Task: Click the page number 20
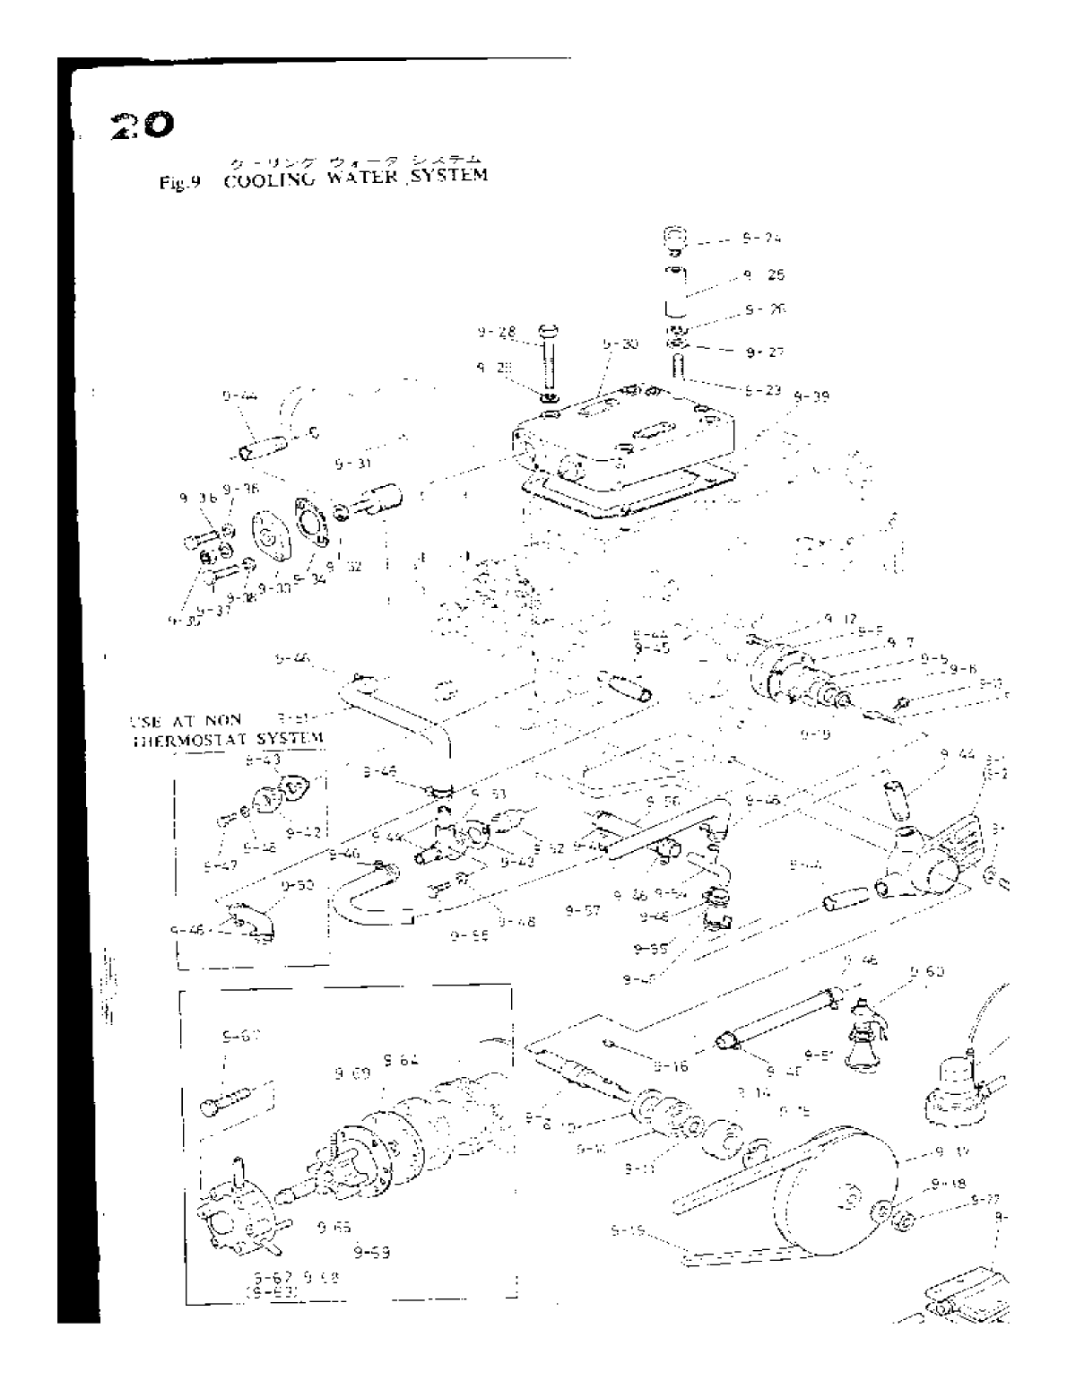[x=135, y=126]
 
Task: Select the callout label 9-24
[x=761, y=239]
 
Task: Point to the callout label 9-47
[x=219, y=866]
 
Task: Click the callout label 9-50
[x=297, y=884]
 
